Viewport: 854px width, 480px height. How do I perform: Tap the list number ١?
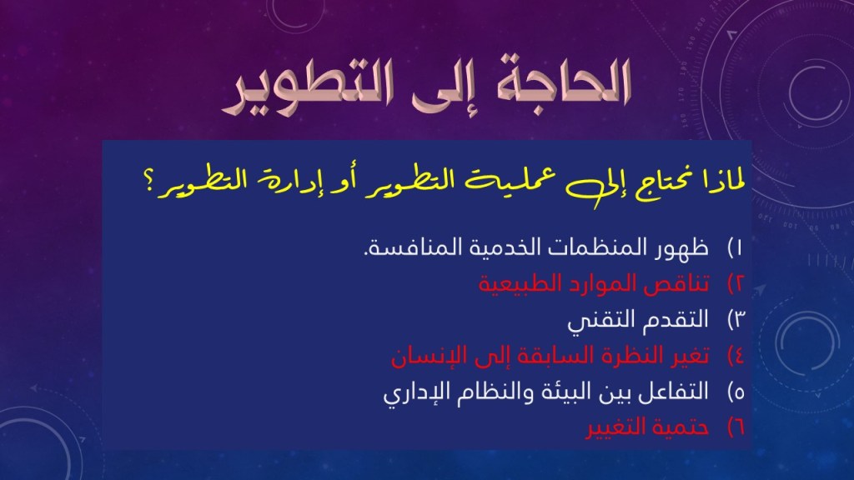[736, 248]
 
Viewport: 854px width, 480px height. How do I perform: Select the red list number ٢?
[736, 284]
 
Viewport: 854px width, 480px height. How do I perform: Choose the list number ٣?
[736, 320]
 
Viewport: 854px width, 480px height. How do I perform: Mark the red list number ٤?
[736, 356]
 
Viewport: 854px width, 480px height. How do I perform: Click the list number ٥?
[736, 392]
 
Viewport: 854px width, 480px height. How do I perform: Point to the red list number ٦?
[736, 427]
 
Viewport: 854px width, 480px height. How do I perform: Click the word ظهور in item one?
[681, 248]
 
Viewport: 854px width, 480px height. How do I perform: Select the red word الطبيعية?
[512, 284]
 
